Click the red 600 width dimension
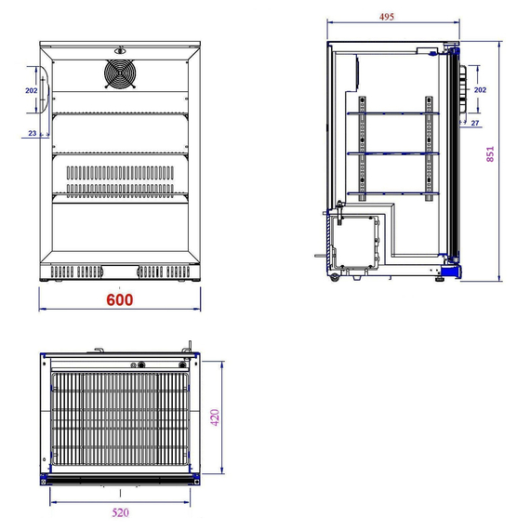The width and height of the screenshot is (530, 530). [x=120, y=299]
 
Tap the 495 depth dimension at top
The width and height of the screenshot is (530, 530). [x=387, y=17]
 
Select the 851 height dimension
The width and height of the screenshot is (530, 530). [x=490, y=153]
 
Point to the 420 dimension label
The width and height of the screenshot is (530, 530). [x=215, y=417]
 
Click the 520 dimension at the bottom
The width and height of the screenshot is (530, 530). [x=120, y=512]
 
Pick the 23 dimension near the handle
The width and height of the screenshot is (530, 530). [x=33, y=133]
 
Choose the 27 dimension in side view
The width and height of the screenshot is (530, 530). [x=475, y=123]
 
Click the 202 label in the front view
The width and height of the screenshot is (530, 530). [x=32, y=90]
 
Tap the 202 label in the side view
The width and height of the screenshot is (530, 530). [x=480, y=89]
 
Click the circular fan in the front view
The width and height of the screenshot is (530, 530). [x=120, y=73]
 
